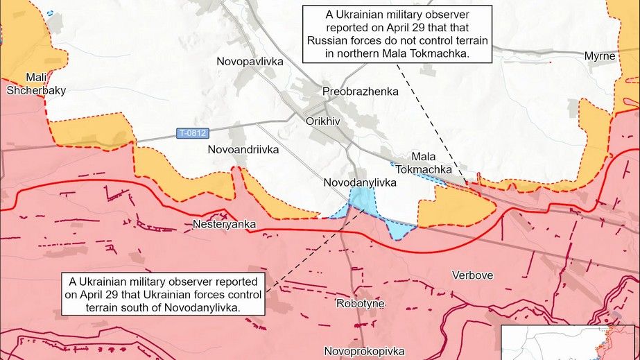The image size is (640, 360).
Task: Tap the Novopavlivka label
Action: pos(250,62)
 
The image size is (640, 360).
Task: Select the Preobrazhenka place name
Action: pos(361,92)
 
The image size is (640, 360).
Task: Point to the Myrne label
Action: pos(600,55)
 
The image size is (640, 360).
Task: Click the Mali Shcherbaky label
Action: pos(35,83)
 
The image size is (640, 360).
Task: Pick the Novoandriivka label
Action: pos(243,149)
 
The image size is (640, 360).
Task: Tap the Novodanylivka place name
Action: pos(360,182)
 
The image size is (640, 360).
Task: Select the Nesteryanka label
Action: pos(224,225)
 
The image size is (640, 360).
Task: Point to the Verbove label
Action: pos(472,275)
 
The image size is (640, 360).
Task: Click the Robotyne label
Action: pos(360,304)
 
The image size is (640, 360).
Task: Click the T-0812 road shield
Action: pos(191,132)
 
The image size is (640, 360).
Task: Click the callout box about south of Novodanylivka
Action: pos(164,295)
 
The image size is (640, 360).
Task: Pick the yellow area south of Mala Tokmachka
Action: pos(454,207)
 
